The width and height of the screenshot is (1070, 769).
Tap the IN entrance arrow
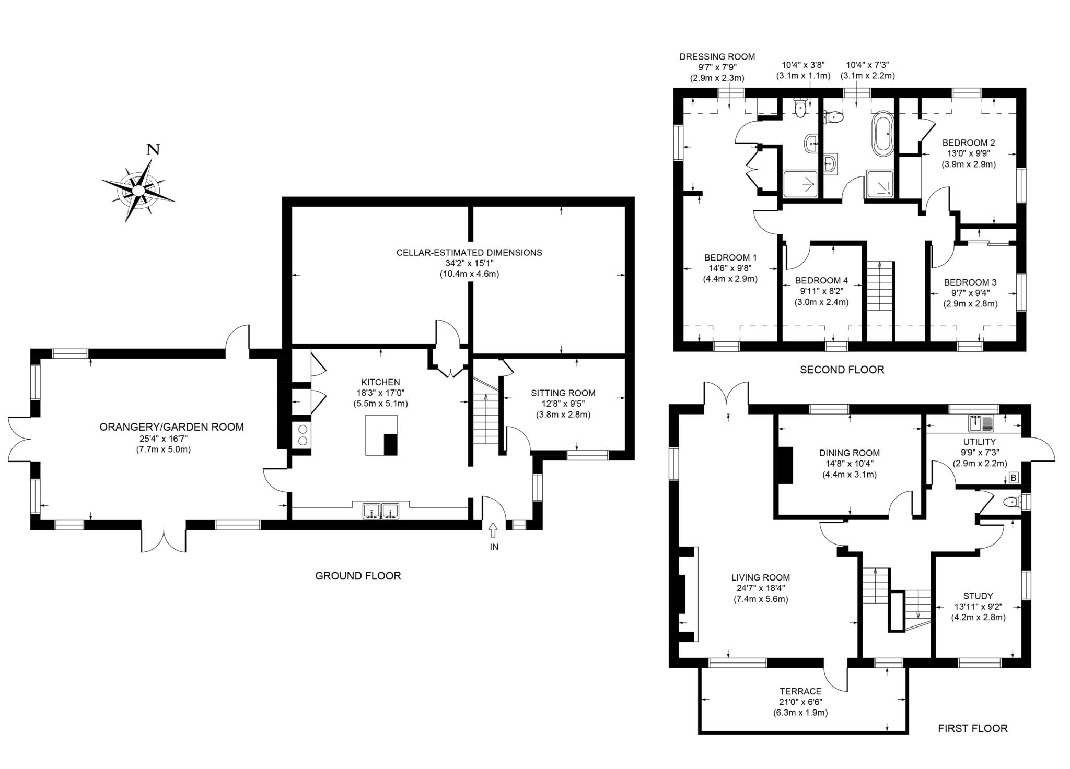pyautogui.click(x=493, y=531)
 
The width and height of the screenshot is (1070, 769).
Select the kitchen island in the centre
pyautogui.click(x=381, y=435)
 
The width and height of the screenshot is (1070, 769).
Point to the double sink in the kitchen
pyautogui.click(x=381, y=511)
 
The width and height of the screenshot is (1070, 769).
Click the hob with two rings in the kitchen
pyautogui.click(x=302, y=435)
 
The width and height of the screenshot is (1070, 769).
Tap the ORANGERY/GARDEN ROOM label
pyautogui.click(x=171, y=427)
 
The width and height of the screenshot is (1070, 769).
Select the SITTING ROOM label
pyautogui.click(x=563, y=393)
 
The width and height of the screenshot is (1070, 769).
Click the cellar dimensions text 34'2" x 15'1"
pyautogui.click(x=469, y=263)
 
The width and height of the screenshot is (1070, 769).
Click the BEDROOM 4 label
pyautogui.click(x=821, y=281)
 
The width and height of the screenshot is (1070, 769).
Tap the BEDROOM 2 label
pyautogui.click(x=969, y=143)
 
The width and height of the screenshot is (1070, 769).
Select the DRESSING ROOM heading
pyautogui.click(x=717, y=57)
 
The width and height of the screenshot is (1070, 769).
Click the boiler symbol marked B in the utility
pyautogui.click(x=1013, y=477)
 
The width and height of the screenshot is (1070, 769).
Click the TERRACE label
pyautogui.click(x=800, y=691)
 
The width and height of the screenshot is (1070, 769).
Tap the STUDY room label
pyautogui.click(x=978, y=596)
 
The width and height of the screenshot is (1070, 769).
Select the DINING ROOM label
pyautogui.click(x=850, y=453)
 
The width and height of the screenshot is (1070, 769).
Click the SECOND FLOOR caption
pyautogui.click(x=842, y=370)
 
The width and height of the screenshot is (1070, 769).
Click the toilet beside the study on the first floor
pyautogui.click(x=1013, y=503)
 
